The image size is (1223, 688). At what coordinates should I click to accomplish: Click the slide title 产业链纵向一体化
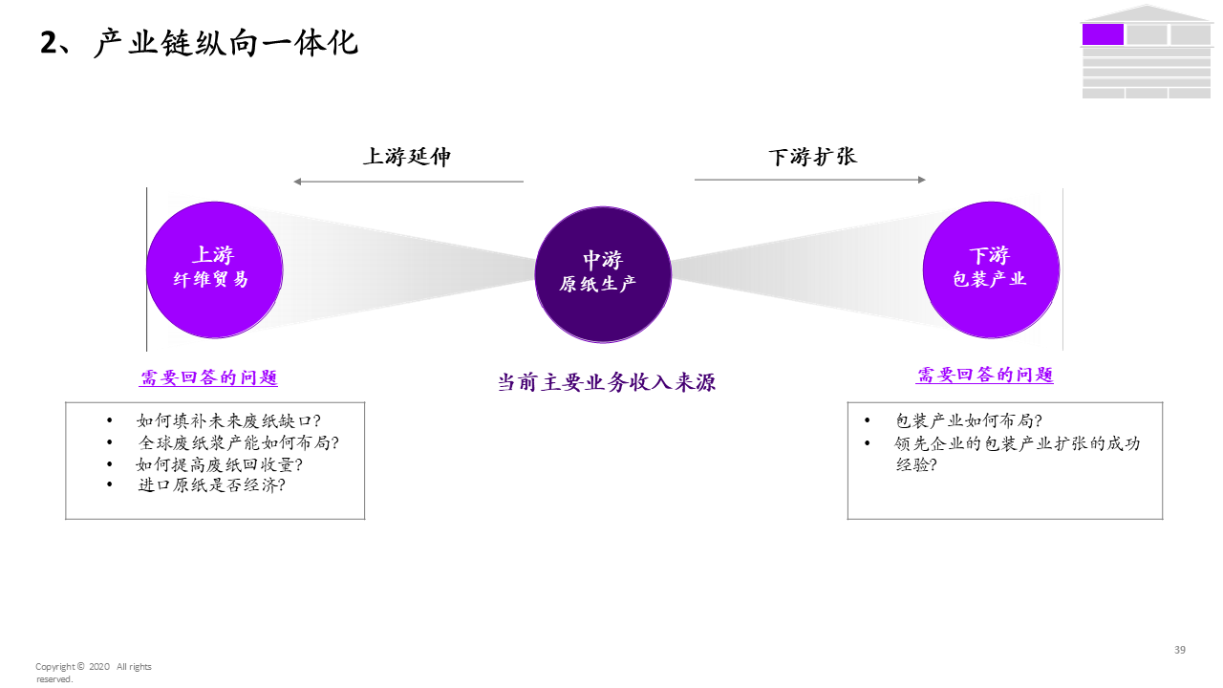tap(225, 43)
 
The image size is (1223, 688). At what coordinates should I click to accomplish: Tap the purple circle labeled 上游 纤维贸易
tap(214, 269)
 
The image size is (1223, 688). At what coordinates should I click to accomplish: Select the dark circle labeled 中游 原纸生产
tap(602, 273)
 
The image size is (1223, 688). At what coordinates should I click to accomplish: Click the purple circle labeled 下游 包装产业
tap(990, 269)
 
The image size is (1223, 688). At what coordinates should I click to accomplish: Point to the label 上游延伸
tap(406, 157)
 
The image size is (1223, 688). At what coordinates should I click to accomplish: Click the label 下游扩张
tap(812, 157)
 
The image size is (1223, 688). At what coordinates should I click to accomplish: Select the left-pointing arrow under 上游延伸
tap(408, 182)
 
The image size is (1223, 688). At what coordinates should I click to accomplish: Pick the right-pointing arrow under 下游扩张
tap(810, 180)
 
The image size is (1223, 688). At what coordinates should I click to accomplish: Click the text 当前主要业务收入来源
tap(606, 382)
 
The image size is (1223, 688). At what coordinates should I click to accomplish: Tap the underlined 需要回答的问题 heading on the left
tap(208, 377)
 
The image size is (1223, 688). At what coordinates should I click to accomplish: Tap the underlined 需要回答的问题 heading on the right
tap(985, 375)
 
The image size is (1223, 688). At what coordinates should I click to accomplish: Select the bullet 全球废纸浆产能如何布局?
tap(238, 442)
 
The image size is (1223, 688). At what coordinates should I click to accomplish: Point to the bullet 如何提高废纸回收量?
tap(220, 464)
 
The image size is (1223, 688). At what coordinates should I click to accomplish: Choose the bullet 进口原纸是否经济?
tap(211, 485)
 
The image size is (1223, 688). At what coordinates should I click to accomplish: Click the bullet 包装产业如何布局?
tap(968, 420)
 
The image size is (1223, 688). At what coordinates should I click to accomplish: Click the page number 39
tap(1180, 650)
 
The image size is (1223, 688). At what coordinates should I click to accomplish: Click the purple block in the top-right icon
tap(1103, 34)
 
